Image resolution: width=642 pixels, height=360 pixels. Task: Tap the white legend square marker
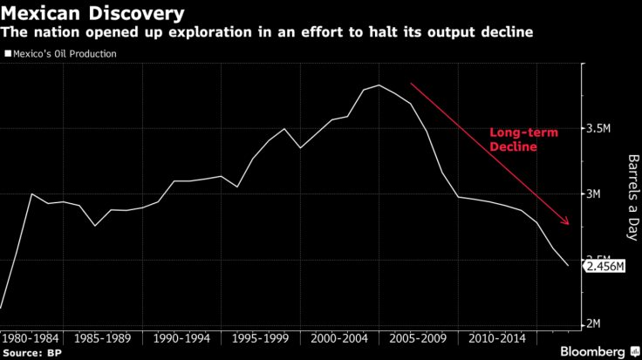(x=8, y=54)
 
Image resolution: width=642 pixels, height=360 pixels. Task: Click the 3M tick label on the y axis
(x=596, y=194)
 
